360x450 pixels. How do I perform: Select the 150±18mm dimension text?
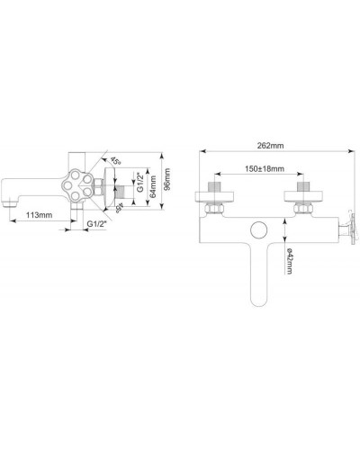coord(265,168)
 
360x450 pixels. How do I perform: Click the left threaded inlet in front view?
coord(216,190)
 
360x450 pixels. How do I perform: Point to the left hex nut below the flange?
coord(216,209)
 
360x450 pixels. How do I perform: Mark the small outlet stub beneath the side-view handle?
coord(90,220)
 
